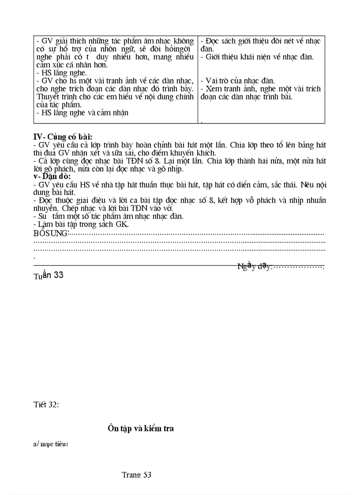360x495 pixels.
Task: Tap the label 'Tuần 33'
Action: pos(49,275)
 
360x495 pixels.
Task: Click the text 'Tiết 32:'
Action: pos(46,404)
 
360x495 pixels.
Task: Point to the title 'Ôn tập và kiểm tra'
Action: pos(140,428)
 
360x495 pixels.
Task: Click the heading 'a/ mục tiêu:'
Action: pos(51,444)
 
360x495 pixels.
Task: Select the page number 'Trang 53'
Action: pos(136,475)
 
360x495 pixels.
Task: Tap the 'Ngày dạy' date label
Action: pos(255,266)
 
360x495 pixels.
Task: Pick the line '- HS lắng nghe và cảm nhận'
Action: pos(82,113)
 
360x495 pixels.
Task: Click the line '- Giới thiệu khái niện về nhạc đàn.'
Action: pos(257,57)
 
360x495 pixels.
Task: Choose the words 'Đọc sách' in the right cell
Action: pos(221,41)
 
